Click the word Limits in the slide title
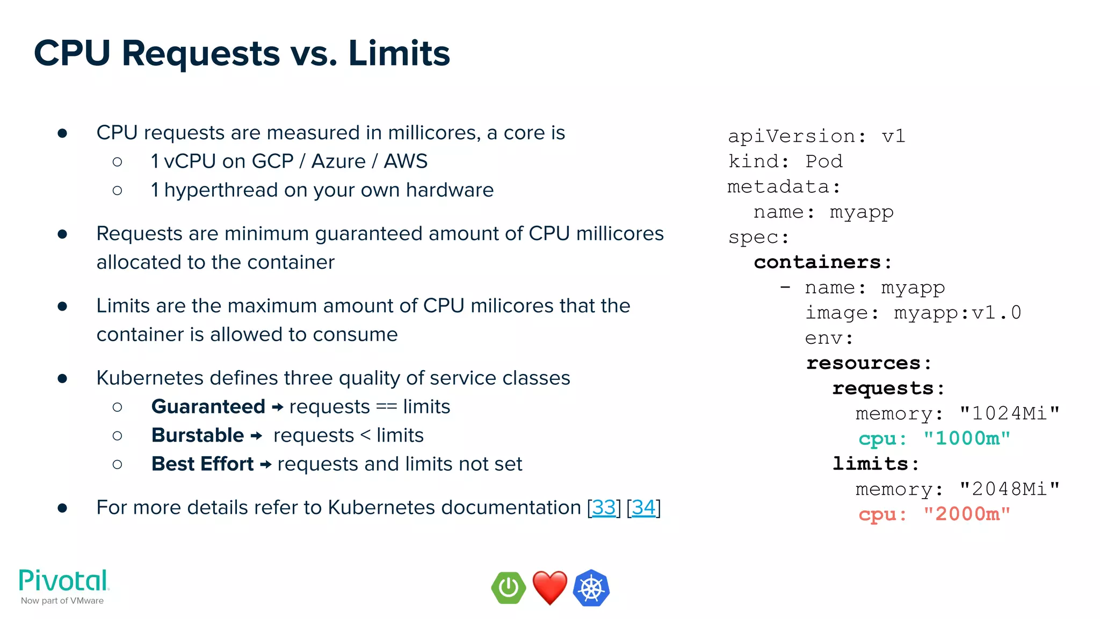[399, 54]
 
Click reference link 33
[604, 507]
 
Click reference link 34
[643, 507]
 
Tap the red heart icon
[549, 588]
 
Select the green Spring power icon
[508, 588]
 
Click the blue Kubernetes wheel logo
[591, 588]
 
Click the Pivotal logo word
[63, 581]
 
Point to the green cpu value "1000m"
[966, 438]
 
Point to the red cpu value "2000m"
[966, 514]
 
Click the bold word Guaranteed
[208, 407]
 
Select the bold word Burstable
[198, 435]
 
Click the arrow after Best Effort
[265, 464]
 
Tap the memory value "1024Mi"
[1009, 413]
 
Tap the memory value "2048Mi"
[1009, 489]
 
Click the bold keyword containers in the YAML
[817, 262]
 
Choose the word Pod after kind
[824, 161]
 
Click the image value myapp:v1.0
[957, 313]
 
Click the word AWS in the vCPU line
[406, 161]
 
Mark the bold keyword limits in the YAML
[870, 464]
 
